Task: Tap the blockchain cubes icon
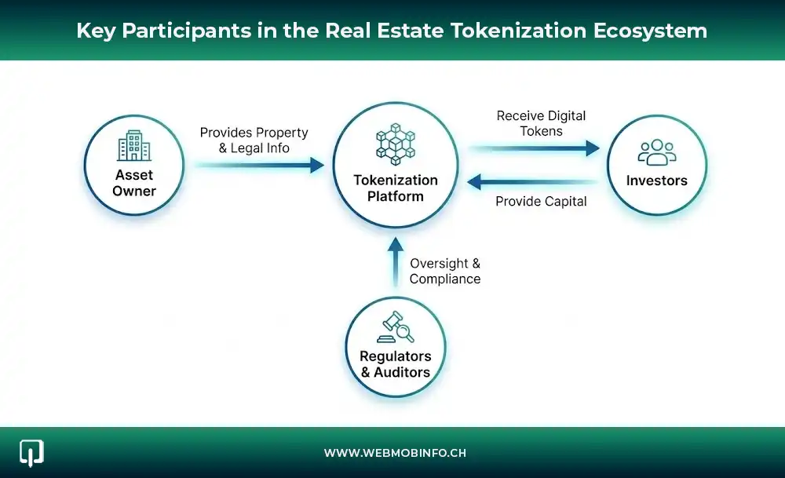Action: click(396, 144)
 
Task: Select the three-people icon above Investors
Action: click(656, 151)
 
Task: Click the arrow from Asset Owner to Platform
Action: click(259, 165)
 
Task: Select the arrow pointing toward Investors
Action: click(534, 148)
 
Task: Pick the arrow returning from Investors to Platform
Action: click(534, 182)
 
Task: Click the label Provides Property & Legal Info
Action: click(254, 140)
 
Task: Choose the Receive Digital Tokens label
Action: click(542, 123)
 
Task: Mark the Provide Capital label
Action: click(541, 202)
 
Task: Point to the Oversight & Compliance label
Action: click(445, 271)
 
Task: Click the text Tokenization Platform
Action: click(396, 188)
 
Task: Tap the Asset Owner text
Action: click(134, 183)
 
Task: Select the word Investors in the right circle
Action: click(656, 181)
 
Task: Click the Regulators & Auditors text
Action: click(396, 363)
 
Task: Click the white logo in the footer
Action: click(31, 452)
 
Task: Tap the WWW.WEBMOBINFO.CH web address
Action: click(395, 454)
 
